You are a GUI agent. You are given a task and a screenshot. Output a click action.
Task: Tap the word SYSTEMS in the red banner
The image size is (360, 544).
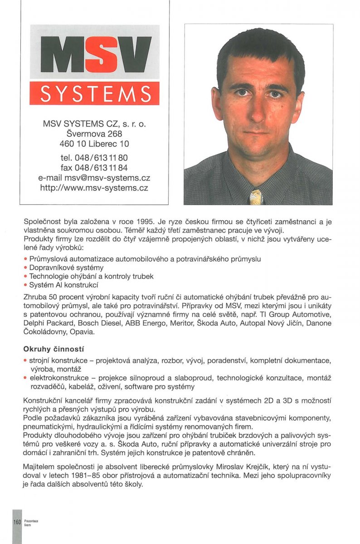(x=95, y=94)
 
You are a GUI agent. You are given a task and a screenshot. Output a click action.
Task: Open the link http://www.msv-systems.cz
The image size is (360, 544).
(x=94, y=188)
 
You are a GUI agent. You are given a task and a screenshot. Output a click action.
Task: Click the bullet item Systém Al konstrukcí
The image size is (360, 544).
(x=63, y=285)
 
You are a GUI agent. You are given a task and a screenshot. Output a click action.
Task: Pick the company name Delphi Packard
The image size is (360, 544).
(x=47, y=323)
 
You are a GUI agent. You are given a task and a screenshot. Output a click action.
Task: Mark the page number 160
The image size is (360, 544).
(x=17, y=522)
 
